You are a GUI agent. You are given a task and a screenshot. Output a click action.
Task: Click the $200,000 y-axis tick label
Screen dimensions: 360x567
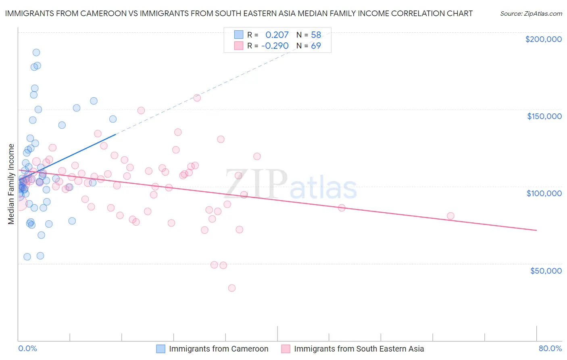(x=543, y=39)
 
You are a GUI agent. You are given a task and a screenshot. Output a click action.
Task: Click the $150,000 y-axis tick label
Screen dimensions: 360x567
(x=544, y=116)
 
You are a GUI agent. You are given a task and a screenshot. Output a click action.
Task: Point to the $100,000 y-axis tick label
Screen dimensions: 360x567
(x=544, y=193)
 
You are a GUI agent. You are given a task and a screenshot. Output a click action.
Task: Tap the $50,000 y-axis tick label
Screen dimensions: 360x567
(x=546, y=271)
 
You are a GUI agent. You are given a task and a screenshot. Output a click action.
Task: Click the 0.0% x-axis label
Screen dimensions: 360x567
(x=27, y=348)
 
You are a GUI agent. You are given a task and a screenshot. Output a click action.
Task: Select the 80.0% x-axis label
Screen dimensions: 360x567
(x=550, y=348)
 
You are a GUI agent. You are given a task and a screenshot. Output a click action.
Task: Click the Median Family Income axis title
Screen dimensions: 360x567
(x=11, y=184)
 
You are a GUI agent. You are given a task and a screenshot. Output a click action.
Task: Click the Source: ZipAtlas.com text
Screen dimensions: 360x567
(x=531, y=14)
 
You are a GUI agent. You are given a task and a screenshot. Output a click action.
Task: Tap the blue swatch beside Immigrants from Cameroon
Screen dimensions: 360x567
(x=161, y=349)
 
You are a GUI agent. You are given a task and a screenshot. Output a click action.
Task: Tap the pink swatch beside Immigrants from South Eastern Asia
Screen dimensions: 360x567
(x=286, y=349)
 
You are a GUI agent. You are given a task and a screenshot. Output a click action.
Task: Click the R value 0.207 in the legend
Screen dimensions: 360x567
(x=277, y=35)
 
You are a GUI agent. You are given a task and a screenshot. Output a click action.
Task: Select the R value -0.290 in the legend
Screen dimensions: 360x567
(x=275, y=46)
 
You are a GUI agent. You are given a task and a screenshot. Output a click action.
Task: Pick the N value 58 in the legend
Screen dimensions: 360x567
(x=316, y=35)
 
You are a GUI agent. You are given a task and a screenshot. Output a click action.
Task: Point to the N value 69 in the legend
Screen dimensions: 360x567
(x=316, y=46)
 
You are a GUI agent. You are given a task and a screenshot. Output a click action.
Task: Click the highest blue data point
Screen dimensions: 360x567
(x=36, y=52)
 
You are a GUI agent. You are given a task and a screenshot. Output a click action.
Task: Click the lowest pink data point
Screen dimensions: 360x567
(x=232, y=288)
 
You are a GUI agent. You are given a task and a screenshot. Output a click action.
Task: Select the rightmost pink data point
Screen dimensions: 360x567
(x=450, y=216)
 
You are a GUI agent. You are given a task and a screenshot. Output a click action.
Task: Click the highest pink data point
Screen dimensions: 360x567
(x=197, y=98)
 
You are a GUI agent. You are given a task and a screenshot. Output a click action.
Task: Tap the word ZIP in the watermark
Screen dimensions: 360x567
(x=256, y=185)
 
